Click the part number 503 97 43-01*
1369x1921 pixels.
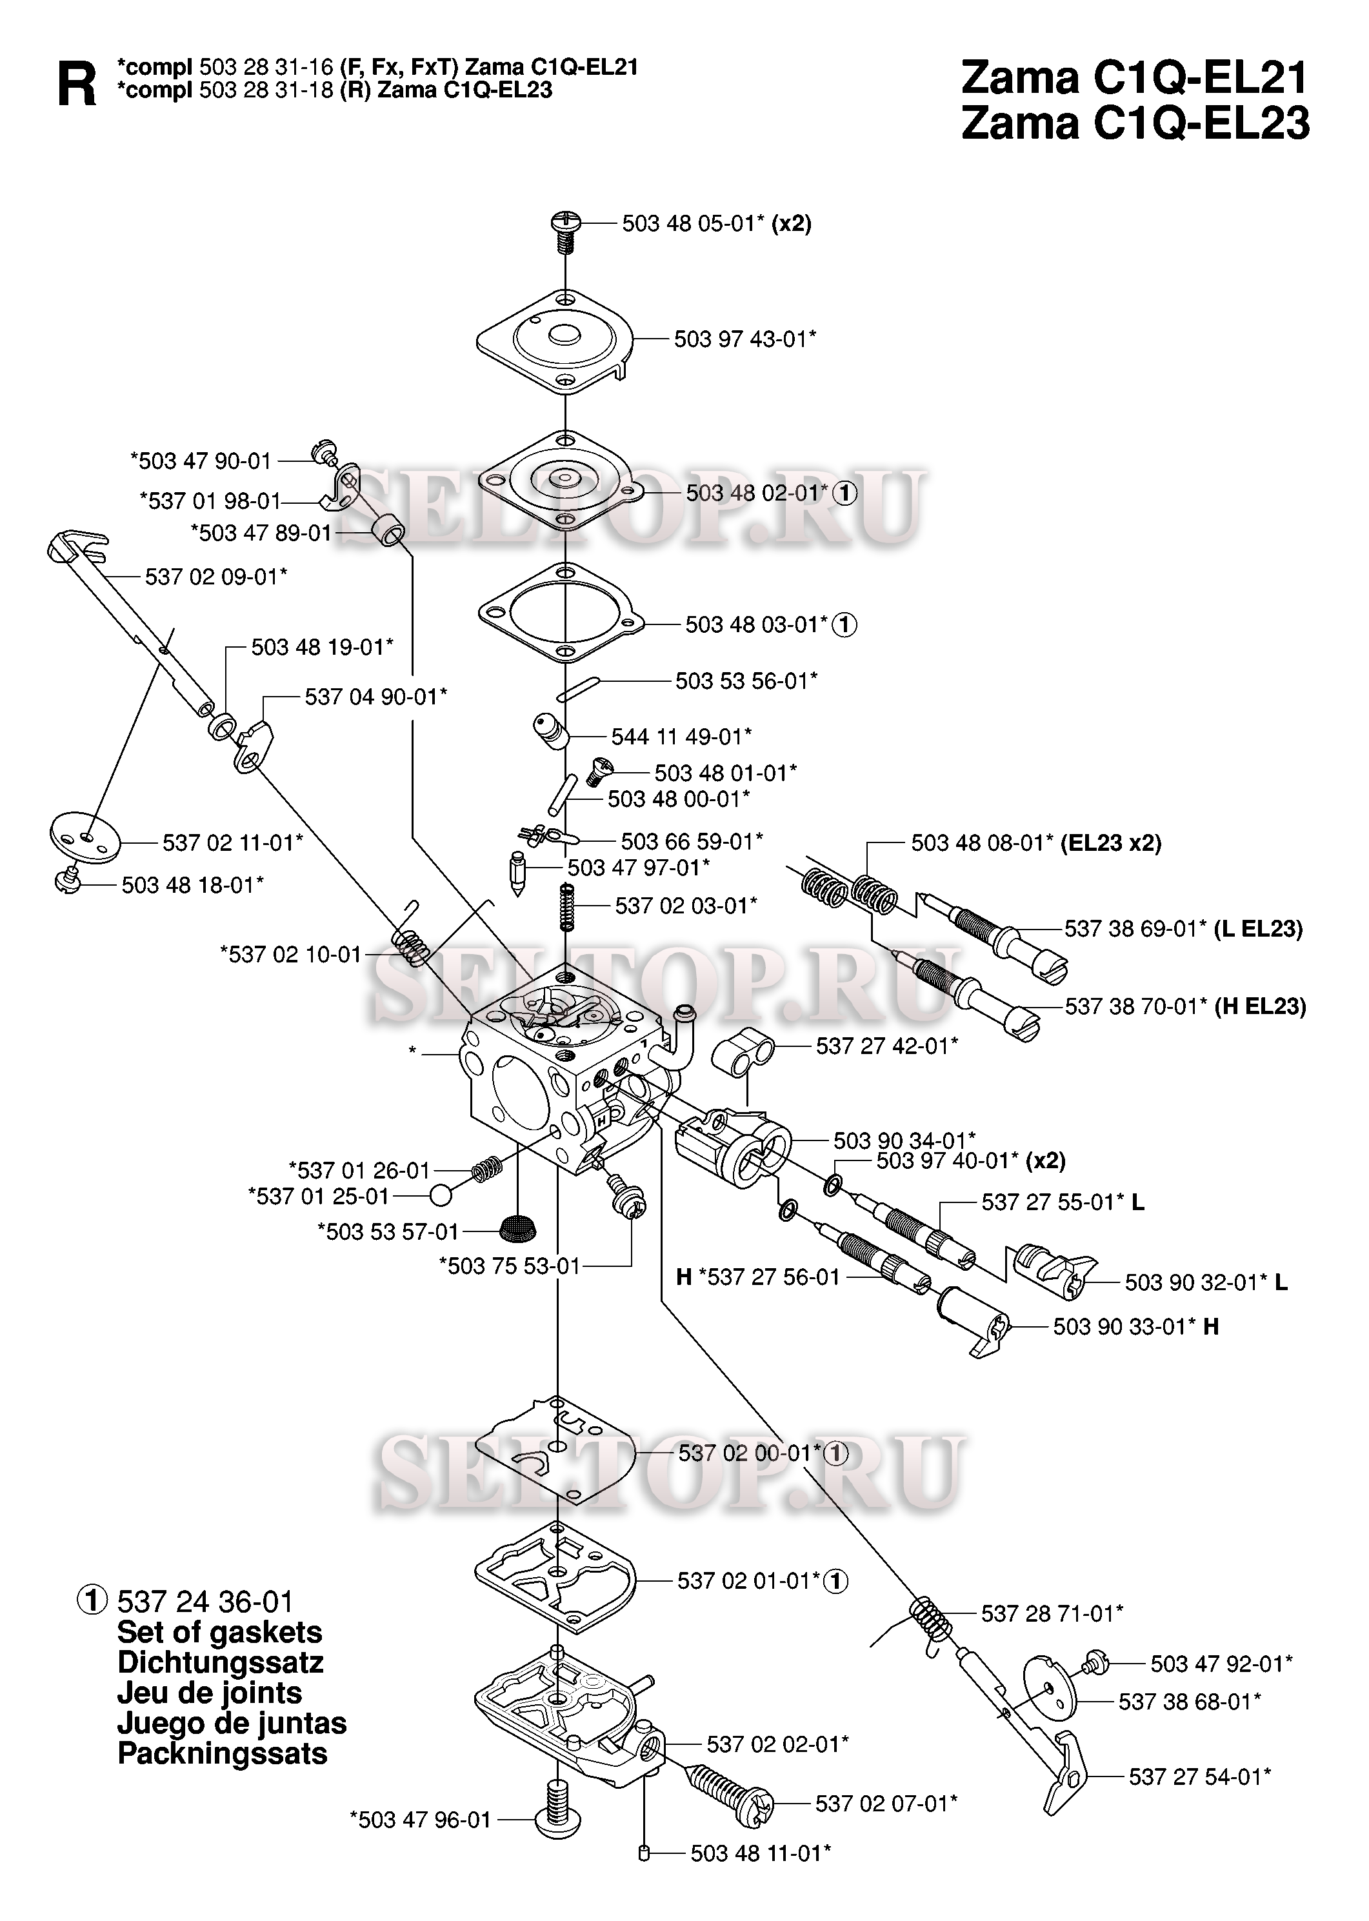click(x=745, y=340)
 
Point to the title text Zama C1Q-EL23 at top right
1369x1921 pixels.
click(x=1135, y=123)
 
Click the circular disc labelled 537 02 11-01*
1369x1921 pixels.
click(x=85, y=837)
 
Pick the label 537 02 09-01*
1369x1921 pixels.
click(x=216, y=577)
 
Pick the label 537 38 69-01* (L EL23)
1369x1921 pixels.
click(x=1184, y=929)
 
